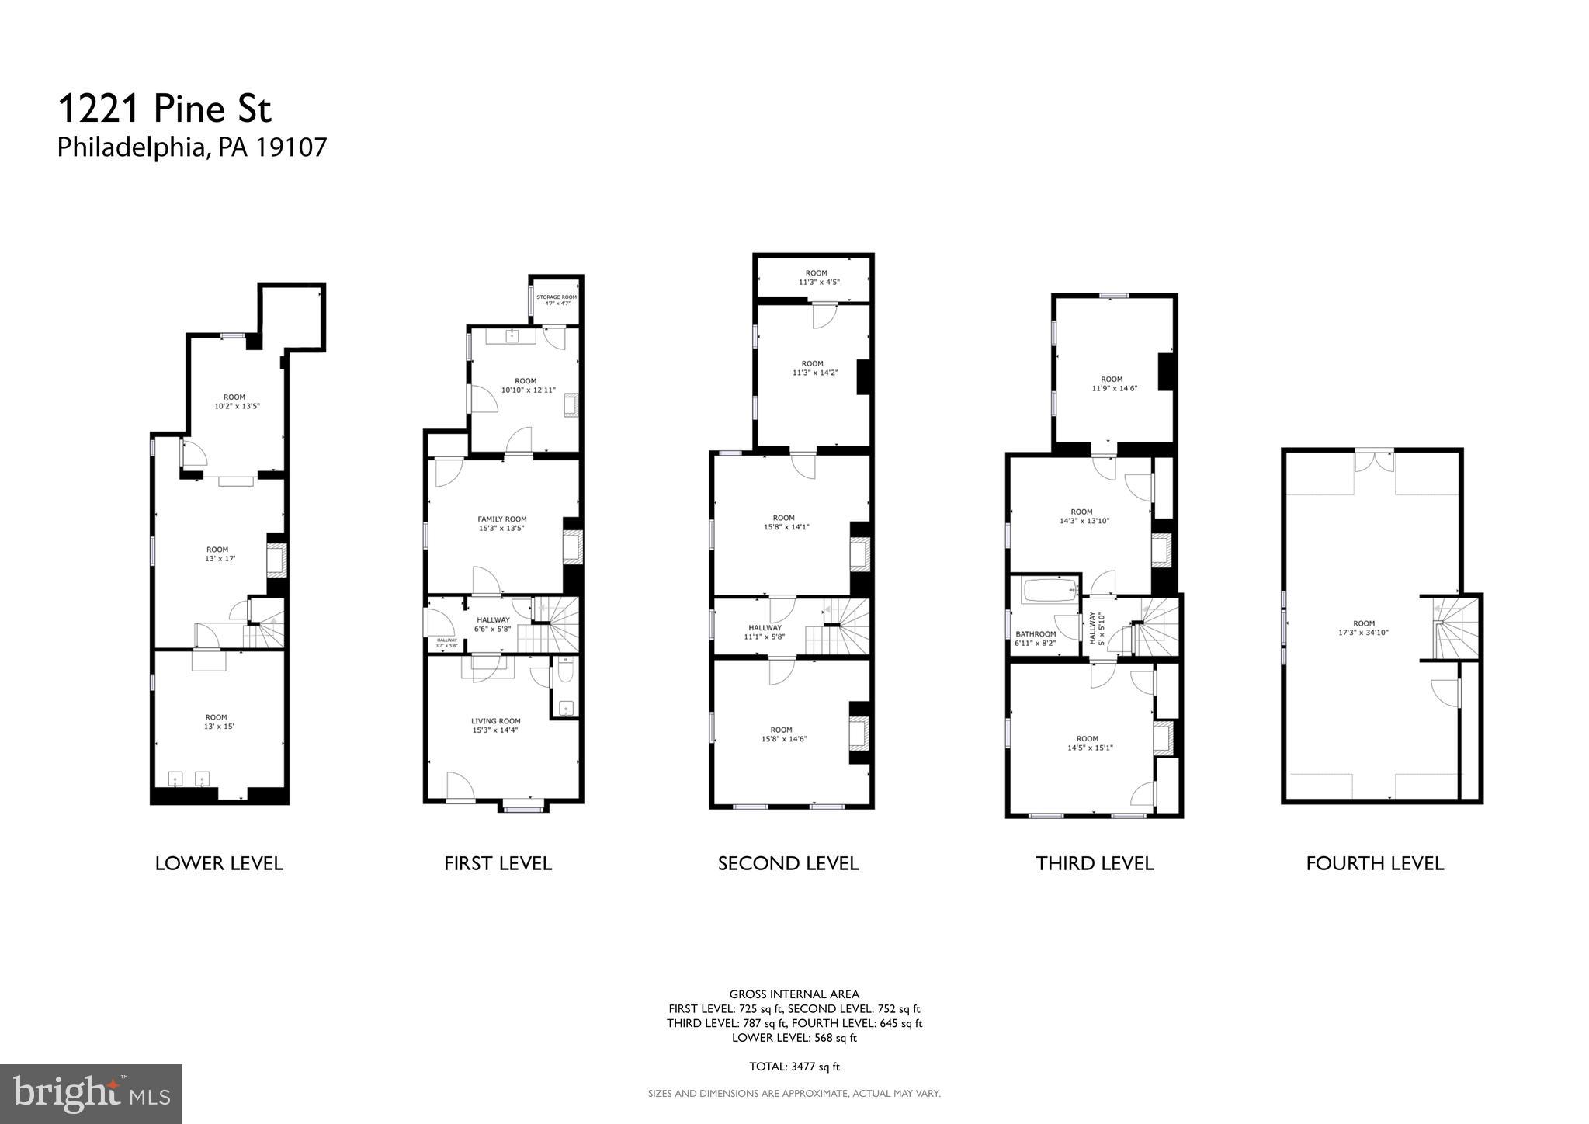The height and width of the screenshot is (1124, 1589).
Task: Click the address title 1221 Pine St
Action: point(165,109)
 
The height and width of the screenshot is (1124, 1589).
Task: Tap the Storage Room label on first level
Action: point(557,300)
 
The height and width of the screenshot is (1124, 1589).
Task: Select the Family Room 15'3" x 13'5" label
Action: point(501,524)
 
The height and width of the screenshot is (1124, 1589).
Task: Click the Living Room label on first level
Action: point(496,725)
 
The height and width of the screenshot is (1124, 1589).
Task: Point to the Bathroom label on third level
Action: point(1036,638)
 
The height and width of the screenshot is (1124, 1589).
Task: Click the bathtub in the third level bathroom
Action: point(1050,591)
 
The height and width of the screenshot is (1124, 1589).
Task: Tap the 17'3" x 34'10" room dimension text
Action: point(1364,633)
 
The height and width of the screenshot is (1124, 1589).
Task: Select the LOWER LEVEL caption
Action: point(219,863)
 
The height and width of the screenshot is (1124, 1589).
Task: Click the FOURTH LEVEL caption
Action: point(1374,863)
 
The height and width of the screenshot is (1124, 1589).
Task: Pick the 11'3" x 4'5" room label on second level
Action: point(816,278)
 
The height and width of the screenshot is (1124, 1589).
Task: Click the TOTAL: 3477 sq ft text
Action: point(794,1067)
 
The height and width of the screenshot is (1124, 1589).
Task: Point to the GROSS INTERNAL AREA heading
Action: point(794,994)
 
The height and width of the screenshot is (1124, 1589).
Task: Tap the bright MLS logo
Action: point(91,1094)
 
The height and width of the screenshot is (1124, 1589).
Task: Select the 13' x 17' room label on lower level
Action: point(217,554)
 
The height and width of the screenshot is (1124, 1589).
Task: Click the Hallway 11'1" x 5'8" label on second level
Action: point(765,632)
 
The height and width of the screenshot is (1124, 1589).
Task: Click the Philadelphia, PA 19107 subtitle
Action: point(192,147)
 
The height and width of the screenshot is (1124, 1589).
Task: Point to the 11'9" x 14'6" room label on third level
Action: point(1112,383)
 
